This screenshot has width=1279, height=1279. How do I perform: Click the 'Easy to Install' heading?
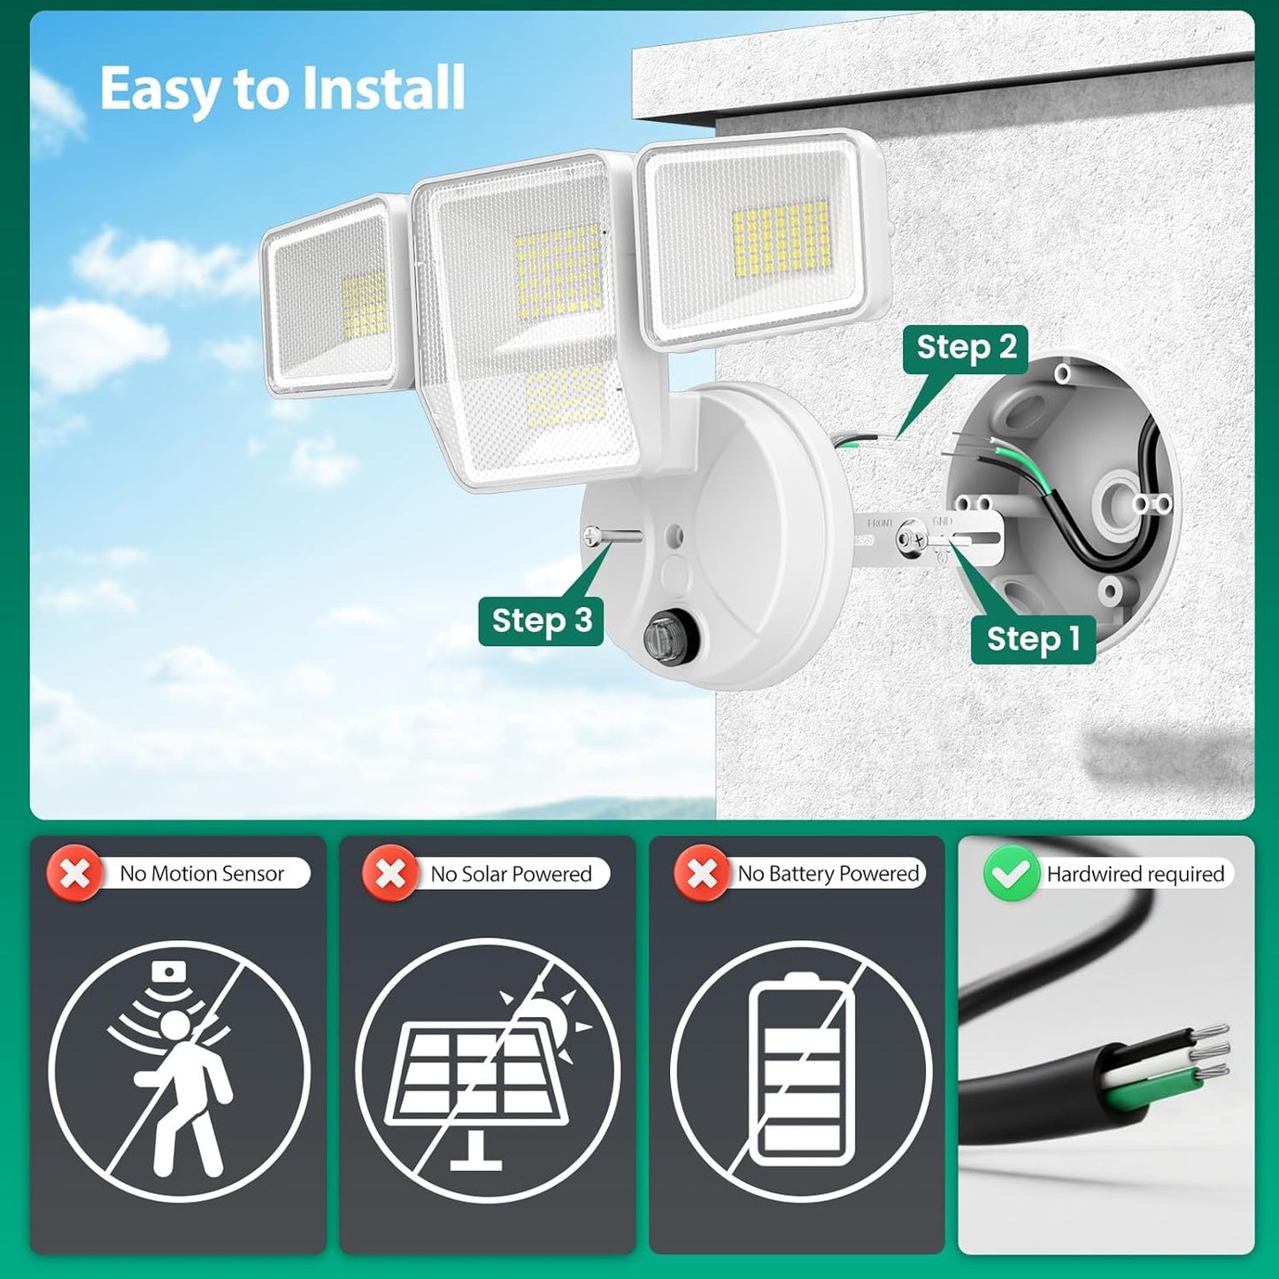[281, 89]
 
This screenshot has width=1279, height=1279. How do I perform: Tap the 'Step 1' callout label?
[1033, 638]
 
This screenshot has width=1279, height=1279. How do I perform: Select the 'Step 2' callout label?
[966, 348]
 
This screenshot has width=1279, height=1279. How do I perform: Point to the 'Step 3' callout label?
[541, 620]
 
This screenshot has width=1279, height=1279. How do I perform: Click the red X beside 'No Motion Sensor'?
[74, 874]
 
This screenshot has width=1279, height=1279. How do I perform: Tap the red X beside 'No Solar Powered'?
[389, 874]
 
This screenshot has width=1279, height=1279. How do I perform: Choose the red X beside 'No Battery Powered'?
[702, 874]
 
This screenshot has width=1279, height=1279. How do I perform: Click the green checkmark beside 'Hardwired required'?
[1011, 874]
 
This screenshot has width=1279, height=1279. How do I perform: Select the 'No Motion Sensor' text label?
[202, 874]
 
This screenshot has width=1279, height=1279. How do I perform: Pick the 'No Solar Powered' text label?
[511, 874]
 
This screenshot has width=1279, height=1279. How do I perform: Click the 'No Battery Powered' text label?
[828, 874]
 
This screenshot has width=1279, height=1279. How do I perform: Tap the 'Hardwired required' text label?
[1135, 874]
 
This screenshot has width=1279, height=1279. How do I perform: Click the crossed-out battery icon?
[802, 1071]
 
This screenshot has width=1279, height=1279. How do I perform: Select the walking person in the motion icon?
[181, 1089]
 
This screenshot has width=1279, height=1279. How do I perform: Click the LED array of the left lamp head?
[364, 304]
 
